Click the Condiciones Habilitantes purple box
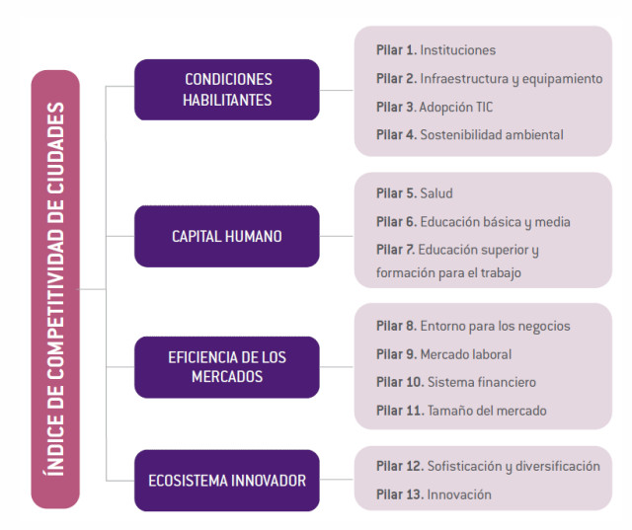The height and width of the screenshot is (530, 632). click(x=227, y=90)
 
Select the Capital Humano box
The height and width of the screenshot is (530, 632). click(x=227, y=237)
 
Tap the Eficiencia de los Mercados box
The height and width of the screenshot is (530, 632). click(x=227, y=367)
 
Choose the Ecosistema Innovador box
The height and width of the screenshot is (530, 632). click(x=227, y=481)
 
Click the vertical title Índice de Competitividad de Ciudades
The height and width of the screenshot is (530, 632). click(x=55, y=289)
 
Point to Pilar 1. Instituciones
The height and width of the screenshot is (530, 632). click(x=435, y=50)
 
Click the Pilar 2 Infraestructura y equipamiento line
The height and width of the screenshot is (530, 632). click(x=490, y=79)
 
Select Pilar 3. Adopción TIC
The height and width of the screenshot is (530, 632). click(x=434, y=108)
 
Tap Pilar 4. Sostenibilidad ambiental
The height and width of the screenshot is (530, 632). click(x=470, y=135)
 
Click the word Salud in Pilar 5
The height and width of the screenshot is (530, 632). click(x=436, y=193)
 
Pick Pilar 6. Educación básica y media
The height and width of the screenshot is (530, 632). click(x=473, y=222)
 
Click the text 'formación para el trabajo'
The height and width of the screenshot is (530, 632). click(x=448, y=273)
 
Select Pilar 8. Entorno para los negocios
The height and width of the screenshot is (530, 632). click(x=473, y=327)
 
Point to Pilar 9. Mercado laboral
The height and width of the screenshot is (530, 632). click(x=443, y=354)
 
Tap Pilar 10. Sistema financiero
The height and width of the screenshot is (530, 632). click(x=456, y=382)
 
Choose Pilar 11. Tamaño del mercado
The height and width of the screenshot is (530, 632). click(x=461, y=411)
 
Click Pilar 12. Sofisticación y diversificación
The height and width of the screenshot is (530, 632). click(x=488, y=467)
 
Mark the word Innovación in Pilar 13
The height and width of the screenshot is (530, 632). click(x=459, y=494)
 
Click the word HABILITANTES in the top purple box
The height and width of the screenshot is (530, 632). click(x=227, y=101)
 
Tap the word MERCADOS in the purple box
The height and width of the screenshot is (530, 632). click(x=227, y=377)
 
